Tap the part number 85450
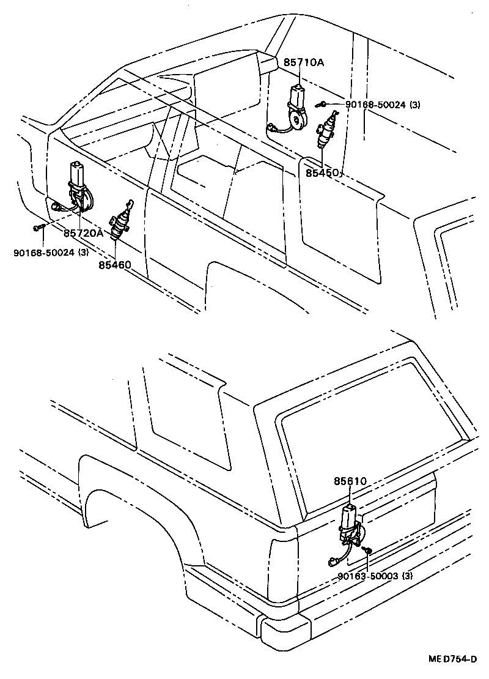(x=323, y=173)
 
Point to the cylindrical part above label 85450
(x=325, y=132)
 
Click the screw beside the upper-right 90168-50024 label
(x=322, y=105)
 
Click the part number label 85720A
(x=83, y=233)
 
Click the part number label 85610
(x=350, y=481)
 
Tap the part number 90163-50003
(x=374, y=576)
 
